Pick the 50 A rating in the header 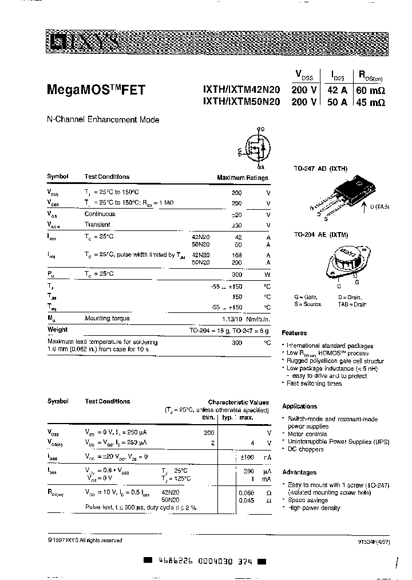(x=336, y=103)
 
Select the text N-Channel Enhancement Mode (x=103, y=120)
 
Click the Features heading (x=294, y=333)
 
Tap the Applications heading (x=299, y=406)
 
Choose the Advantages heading (x=299, y=472)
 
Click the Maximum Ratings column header (x=243, y=178)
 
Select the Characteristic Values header (x=238, y=402)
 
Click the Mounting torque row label (x=107, y=318)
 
